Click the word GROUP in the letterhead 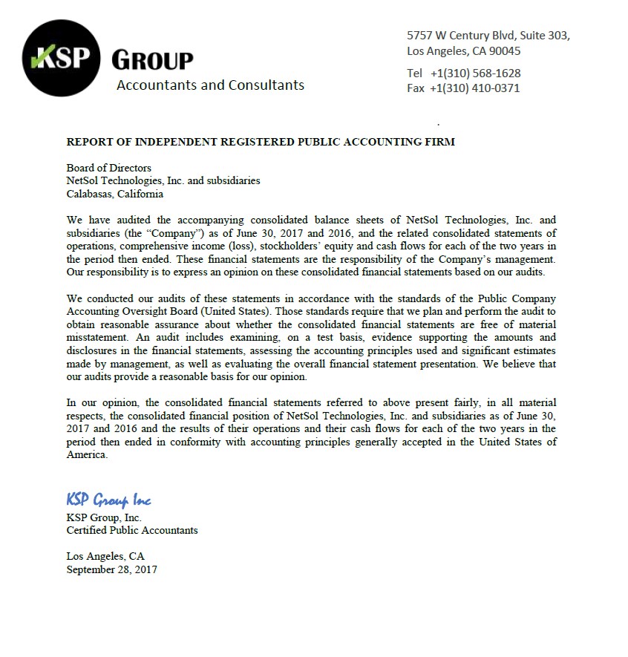pos(152,60)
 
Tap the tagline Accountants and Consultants pos(210,85)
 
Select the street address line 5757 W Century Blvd pos(488,35)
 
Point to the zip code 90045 pos(506,51)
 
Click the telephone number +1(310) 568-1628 pos(475,73)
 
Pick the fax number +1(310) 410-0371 pos(475,88)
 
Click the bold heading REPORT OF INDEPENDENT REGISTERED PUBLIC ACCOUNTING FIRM pos(261,142)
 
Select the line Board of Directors pos(108,169)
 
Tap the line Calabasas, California pos(115,195)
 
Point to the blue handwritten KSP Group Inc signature pos(108,500)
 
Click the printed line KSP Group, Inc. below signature pos(104,518)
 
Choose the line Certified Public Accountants pos(132,531)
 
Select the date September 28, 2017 pos(111,570)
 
